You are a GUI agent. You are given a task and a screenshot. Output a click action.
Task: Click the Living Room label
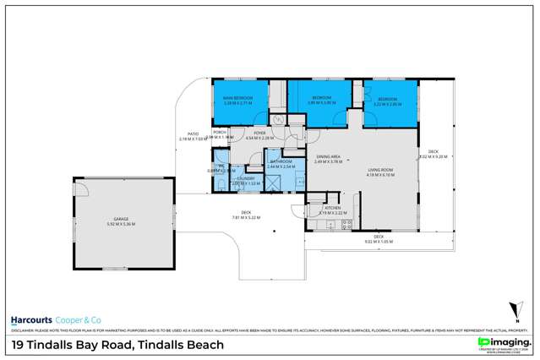(x=380, y=171)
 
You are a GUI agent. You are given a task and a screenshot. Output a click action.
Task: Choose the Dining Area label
(x=328, y=157)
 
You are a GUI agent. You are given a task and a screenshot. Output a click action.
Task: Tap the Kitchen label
(x=332, y=208)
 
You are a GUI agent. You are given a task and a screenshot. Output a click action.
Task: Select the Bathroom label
(x=280, y=162)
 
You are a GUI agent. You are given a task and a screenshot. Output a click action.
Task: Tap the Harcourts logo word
(x=31, y=320)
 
